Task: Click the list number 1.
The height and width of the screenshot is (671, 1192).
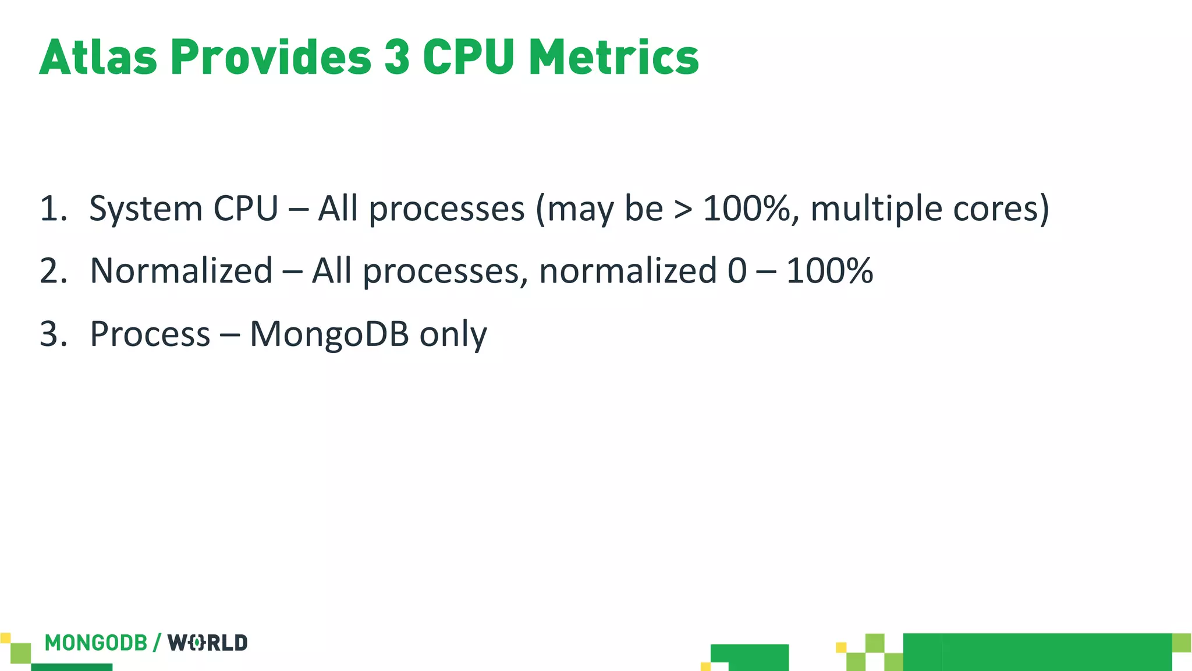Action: point(51,209)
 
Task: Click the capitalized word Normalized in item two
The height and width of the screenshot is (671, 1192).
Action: point(181,271)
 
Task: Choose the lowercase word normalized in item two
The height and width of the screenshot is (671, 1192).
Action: point(627,271)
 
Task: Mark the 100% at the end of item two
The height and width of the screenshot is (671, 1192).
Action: point(829,271)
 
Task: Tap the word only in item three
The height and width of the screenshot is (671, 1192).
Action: point(453,335)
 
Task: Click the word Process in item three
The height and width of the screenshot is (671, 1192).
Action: point(150,334)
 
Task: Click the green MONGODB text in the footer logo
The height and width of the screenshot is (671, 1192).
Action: point(96,643)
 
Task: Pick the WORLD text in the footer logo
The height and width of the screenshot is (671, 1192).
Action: point(208,643)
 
